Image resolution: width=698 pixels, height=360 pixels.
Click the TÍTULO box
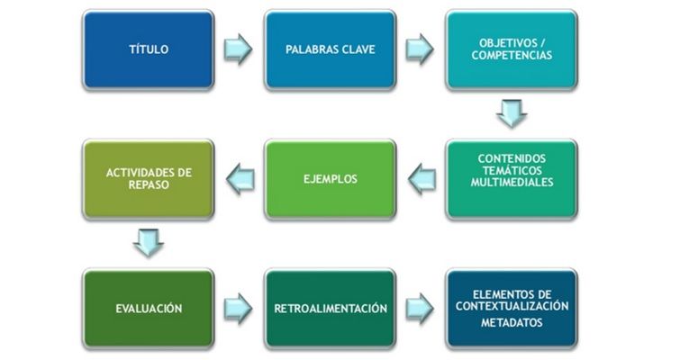coord(148,49)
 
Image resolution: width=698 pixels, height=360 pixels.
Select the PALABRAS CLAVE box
coord(331,49)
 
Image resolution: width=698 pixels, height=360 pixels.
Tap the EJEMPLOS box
coord(331,178)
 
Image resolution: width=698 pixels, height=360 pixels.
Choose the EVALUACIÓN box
coord(149,309)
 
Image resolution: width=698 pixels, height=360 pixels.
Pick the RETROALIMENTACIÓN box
coord(331,309)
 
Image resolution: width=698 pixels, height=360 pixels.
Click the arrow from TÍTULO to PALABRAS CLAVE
coord(239,49)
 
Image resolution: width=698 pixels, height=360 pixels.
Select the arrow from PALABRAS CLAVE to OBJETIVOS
coord(421,49)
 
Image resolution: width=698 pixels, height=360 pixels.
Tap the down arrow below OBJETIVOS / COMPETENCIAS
coord(512,112)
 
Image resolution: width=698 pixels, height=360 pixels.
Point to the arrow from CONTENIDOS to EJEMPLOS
coord(421,178)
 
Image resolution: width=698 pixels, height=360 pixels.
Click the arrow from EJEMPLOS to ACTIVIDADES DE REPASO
coord(239,178)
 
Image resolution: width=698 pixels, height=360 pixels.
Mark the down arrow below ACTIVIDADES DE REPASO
coord(149,242)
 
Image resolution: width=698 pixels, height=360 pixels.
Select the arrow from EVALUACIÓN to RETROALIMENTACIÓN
coord(239,309)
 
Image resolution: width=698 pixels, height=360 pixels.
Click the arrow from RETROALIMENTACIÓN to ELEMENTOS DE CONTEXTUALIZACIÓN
coord(421,309)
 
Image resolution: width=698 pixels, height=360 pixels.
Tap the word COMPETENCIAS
coord(512,56)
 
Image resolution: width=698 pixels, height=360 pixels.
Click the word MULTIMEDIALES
coord(512,183)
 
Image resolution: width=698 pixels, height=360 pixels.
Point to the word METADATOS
coord(512,323)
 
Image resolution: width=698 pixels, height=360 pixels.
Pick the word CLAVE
coord(356,49)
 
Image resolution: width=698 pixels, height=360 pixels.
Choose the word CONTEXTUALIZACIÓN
coord(512,306)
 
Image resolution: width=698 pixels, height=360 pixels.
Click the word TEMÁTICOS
coord(512,170)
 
